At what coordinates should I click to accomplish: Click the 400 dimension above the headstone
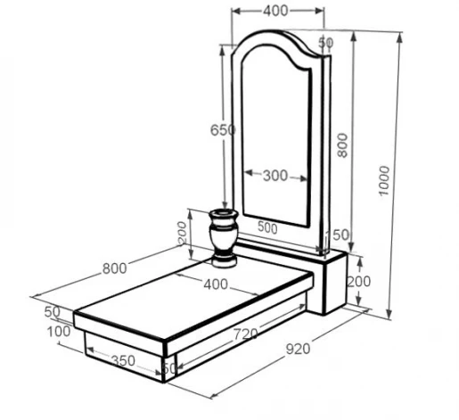(x=275, y=11)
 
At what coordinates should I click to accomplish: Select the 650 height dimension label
(x=223, y=130)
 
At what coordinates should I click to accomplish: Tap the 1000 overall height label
(x=384, y=181)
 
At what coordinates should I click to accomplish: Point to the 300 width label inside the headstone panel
(x=275, y=176)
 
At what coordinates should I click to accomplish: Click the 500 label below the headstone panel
(x=267, y=227)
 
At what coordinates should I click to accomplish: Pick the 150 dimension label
(x=338, y=235)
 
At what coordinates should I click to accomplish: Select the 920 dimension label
(x=298, y=349)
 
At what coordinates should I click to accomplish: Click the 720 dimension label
(x=245, y=334)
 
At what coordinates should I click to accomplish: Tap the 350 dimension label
(x=123, y=361)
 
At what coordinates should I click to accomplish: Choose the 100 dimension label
(x=59, y=332)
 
